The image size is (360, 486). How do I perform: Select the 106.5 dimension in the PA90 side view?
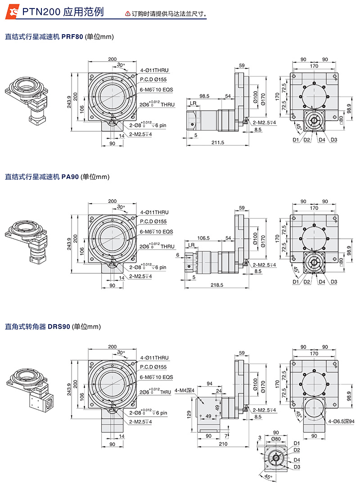[x=203, y=238]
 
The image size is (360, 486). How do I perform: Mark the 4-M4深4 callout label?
[x=184, y=390]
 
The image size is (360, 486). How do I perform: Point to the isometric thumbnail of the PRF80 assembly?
[x=28, y=98]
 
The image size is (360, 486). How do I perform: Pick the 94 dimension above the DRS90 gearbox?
[x=209, y=383]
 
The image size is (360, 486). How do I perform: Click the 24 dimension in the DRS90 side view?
[x=219, y=391]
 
